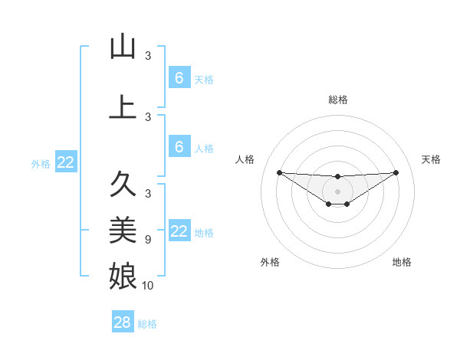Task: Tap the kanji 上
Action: (x=123, y=107)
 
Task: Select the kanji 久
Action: (x=123, y=185)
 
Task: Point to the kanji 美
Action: (x=123, y=229)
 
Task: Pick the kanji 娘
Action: (x=123, y=273)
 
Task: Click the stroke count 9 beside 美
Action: (x=148, y=240)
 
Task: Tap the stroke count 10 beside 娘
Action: (x=148, y=286)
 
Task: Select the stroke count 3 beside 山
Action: (x=148, y=56)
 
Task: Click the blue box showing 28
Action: (x=123, y=322)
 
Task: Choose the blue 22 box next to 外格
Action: (x=65, y=162)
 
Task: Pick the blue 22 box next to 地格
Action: (x=179, y=232)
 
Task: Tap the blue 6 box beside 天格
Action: (x=179, y=78)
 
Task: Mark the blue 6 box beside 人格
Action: (x=179, y=147)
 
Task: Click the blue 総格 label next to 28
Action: (x=147, y=324)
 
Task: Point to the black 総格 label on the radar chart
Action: (x=337, y=100)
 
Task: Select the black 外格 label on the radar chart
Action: (x=270, y=262)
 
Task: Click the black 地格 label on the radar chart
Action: (x=402, y=262)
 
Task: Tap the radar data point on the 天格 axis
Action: (x=396, y=172)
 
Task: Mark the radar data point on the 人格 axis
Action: (x=279, y=172)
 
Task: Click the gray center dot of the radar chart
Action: (x=337, y=191)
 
